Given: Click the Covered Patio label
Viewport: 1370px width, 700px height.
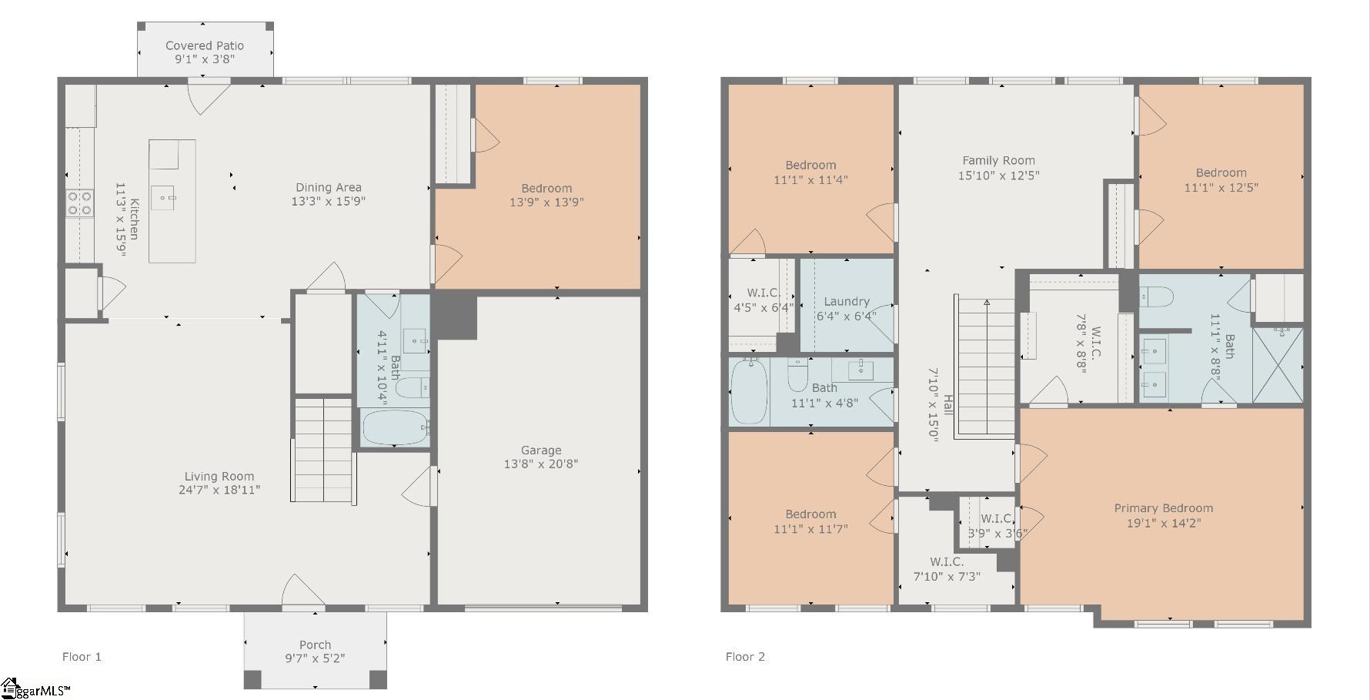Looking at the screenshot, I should (205, 45).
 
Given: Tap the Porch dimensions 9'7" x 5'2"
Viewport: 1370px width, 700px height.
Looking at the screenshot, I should (315, 658).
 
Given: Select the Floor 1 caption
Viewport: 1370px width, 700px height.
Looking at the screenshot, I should (82, 657).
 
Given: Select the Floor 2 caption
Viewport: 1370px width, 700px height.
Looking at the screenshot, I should (745, 657).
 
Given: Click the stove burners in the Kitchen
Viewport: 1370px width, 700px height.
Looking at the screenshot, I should (79, 203).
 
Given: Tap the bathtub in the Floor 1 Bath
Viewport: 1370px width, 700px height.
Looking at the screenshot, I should (395, 427).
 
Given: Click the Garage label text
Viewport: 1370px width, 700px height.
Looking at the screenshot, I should (541, 450).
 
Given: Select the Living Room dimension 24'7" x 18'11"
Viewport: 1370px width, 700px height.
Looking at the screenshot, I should (219, 490).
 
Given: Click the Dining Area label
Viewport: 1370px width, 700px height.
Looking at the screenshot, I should (329, 187).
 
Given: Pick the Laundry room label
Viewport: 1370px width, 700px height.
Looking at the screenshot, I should (847, 302).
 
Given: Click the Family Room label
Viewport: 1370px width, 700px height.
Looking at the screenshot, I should (998, 161).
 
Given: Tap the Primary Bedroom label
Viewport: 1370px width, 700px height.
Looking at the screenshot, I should (1163, 508).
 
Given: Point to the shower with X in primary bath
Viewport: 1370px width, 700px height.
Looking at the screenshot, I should (1278, 365).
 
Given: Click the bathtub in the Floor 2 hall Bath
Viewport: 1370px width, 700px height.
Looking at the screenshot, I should (748, 393).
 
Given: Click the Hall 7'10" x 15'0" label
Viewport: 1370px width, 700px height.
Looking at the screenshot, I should (941, 404).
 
